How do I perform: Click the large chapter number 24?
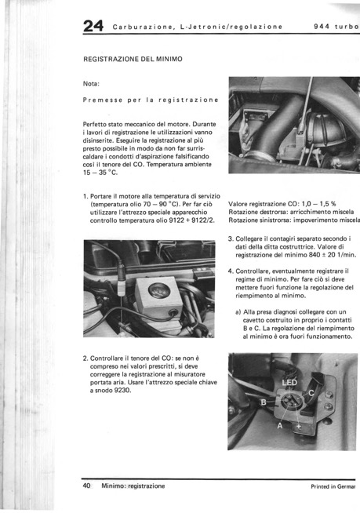point(93,26)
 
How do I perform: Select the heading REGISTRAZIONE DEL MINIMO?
point(133,59)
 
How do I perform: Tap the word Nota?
point(91,84)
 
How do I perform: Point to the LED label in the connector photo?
point(289,383)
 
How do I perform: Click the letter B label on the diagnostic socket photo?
point(263,402)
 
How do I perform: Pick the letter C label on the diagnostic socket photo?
point(311,393)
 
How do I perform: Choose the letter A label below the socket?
point(280,426)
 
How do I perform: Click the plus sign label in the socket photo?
point(299,426)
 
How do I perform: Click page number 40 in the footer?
point(87,486)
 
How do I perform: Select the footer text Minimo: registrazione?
point(133,486)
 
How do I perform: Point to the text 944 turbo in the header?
point(336,27)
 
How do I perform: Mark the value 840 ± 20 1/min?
point(333,255)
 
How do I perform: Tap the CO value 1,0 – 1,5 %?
point(318,204)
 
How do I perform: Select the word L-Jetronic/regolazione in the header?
point(231,27)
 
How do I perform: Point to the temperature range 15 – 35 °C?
point(100,173)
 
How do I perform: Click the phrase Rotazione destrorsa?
point(258,212)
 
